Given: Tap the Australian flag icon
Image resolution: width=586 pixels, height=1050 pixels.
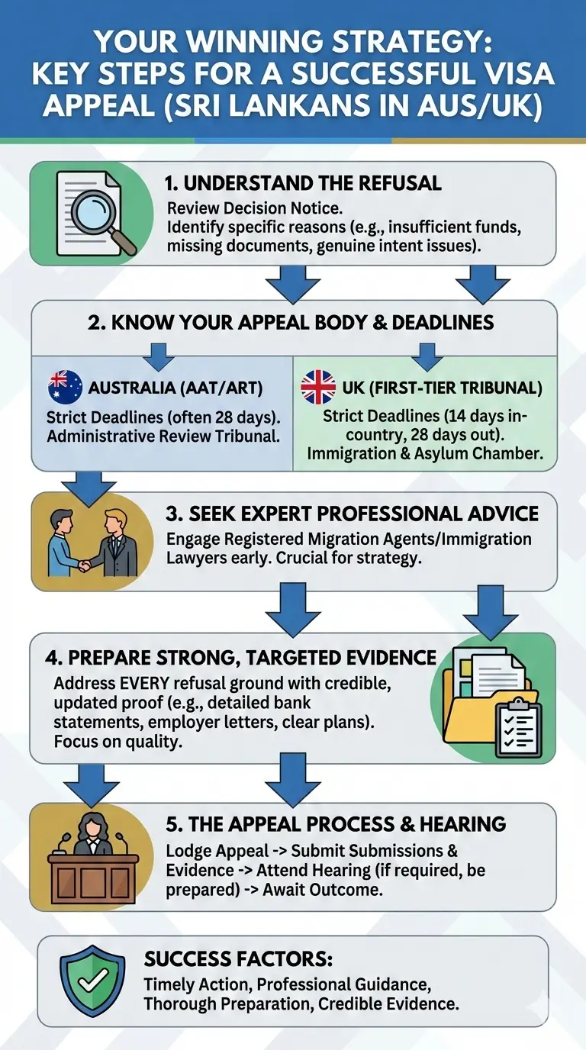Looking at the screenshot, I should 65,387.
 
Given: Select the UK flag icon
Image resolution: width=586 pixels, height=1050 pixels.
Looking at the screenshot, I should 317,387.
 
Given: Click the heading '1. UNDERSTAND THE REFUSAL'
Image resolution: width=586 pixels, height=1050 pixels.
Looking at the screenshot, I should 303,183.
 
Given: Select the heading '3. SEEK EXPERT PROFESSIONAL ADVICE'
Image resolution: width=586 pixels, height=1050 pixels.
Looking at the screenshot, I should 352,513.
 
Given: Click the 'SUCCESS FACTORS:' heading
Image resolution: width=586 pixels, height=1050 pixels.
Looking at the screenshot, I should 238,958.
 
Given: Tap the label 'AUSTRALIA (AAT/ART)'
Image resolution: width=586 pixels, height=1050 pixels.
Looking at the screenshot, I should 175,388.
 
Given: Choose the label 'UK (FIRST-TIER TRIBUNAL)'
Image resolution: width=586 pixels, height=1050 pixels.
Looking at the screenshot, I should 442,388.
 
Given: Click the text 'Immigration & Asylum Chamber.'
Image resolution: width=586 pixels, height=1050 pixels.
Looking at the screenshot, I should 425,453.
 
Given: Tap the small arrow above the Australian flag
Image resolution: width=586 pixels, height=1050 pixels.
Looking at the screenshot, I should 159,355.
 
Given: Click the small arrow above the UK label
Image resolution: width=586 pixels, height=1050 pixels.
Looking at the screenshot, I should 426,355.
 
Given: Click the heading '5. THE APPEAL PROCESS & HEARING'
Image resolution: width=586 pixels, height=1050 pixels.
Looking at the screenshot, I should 336,824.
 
